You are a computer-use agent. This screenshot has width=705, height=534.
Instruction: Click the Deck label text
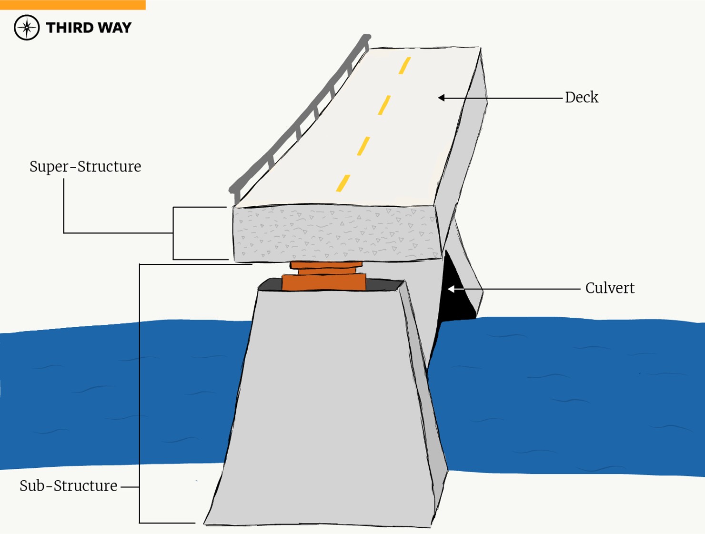click(581, 98)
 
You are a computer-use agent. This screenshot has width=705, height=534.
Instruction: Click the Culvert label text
click(610, 289)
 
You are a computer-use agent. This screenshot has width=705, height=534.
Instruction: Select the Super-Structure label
click(85, 167)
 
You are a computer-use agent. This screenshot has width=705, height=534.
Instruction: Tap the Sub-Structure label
click(68, 486)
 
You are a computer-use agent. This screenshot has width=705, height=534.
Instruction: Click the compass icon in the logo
click(27, 28)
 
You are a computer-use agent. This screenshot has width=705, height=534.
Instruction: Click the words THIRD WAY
click(89, 28)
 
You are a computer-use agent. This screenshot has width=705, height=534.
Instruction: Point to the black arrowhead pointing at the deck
click(442, 98)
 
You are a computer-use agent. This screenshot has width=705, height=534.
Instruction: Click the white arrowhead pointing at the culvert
click(451, 289)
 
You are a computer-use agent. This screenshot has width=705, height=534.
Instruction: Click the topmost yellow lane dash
click(405, 65)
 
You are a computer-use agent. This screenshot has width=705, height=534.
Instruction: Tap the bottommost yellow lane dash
click(343, 183)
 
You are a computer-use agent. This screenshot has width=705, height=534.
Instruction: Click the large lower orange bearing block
click(324, 282)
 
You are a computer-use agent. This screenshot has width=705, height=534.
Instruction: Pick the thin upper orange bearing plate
click(326, 265)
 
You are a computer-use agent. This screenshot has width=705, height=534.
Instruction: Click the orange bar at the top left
click(72, 5)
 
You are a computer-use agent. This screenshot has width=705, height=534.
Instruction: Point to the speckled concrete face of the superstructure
click(333, 233)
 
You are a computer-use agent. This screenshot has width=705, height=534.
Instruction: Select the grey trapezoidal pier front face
click(324, 405)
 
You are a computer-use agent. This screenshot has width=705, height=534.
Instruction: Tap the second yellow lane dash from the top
click(384, 105)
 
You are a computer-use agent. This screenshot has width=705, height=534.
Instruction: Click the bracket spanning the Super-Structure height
click(173, 233)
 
